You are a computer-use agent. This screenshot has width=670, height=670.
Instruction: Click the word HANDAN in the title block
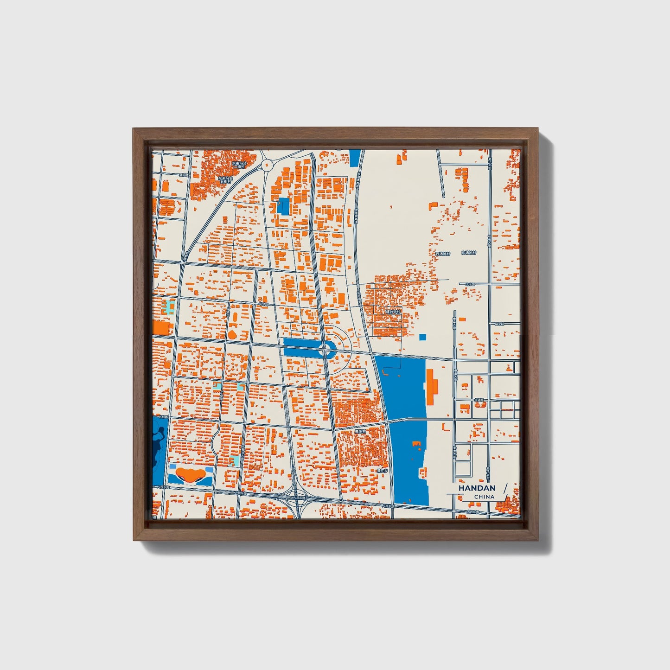[x=477, y=488]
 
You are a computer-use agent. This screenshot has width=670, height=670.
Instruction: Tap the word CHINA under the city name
[x=484, y=497]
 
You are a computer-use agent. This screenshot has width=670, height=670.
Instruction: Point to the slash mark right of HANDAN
[x=505, y=489]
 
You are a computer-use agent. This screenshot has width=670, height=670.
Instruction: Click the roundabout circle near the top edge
[x=267, y=164]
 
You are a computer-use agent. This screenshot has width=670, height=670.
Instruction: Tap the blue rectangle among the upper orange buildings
[x=282, y=206]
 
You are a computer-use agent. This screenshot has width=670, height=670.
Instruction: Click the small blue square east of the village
[x=422, y=337]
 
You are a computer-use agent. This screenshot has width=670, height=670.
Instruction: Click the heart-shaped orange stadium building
[x=190, y=474]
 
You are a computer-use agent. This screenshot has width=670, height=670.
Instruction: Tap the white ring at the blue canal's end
[x=328, y=348]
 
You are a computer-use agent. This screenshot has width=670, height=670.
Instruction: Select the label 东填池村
[x=468, y=253]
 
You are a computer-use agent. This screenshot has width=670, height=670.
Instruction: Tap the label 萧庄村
[x=360, y=431]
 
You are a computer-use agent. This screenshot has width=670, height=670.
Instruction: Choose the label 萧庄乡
[x=382, y=470]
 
